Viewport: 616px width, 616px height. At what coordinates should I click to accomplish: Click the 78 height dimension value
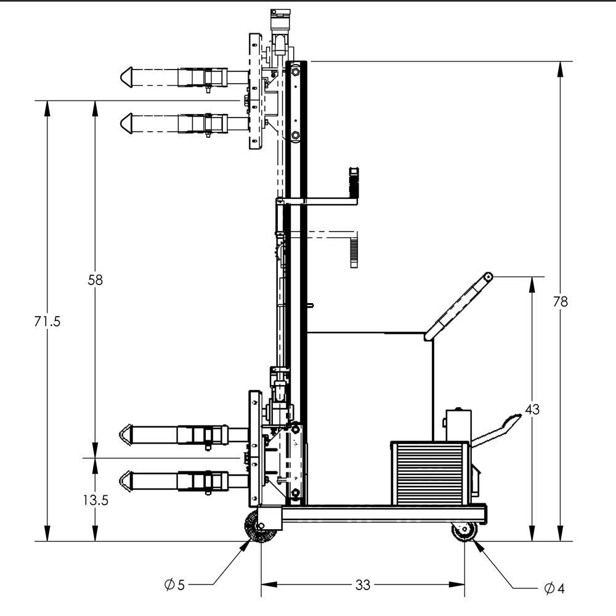(x=560, y=301)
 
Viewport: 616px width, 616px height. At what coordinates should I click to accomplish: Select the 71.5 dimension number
(x=47, y=321)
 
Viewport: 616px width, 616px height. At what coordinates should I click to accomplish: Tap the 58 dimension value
(x=95, y=280)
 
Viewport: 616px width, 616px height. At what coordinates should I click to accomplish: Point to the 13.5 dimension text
(x=95, y=500)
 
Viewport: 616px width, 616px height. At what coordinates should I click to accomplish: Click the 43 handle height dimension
(x=532, y=409)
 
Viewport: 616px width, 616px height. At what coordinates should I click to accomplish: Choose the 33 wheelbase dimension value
(x=363, y=585)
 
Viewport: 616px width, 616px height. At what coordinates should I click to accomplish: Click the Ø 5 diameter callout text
(x=174, y=585)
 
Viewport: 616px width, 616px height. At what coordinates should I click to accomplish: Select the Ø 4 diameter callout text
(x=554, y=588)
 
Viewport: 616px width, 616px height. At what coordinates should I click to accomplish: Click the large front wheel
(x=260, y=527)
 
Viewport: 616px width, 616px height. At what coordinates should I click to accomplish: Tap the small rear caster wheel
(x=464, y=532)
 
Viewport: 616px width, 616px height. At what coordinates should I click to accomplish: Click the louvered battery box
(x=429, y=469)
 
